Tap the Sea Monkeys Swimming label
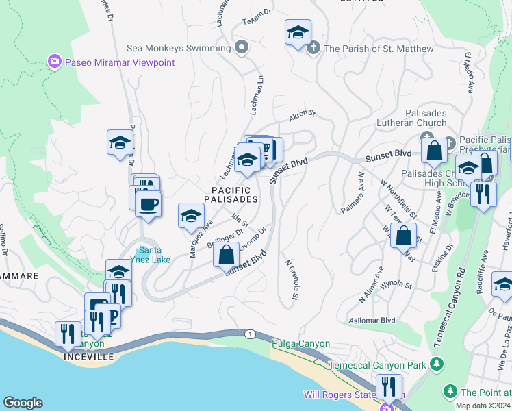tap(179, 49)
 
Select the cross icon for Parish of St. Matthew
tap(313, 48)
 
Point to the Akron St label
tap(301, 116)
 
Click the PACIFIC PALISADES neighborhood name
tap(231, 195)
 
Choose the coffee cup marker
tap(149, 203)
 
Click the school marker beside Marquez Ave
tap(191, 216)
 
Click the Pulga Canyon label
tap(300, 343)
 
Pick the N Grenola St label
tap(292, 279)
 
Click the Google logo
tap(23, 403)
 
